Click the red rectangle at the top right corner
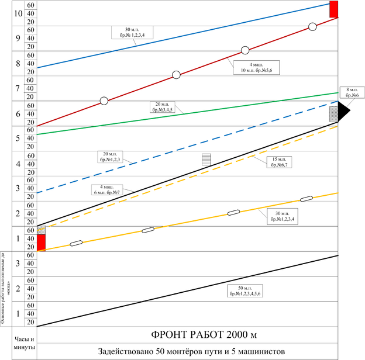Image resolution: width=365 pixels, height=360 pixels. (333, 9)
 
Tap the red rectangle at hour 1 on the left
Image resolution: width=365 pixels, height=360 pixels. (42, 242)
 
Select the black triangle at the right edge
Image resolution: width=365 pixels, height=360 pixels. (344, 110)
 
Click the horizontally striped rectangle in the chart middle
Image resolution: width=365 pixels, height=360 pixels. (206, 160)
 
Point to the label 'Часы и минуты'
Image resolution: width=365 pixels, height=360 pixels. (24, 343)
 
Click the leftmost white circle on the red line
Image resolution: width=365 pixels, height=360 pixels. (104, 101)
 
